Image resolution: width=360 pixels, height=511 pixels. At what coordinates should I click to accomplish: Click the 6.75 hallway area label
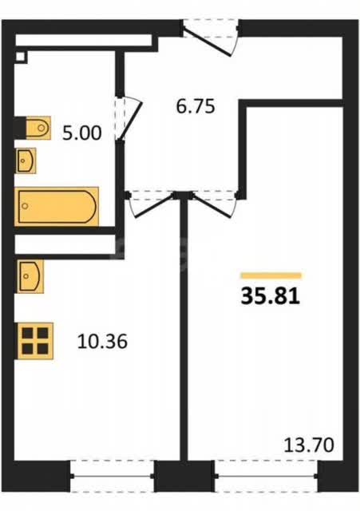pyautogui.click(x=196, y=106)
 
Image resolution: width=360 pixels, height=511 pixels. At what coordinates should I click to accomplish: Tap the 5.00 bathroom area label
pyautogui.click(x=81, y=133)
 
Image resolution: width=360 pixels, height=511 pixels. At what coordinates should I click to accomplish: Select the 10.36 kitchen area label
pyautogui.click(x=102, y=342)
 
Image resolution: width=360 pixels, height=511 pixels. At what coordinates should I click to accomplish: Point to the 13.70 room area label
pyautogui.click(x=309, y=446)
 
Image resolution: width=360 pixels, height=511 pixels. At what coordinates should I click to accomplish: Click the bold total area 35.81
pyautogui.click(x=271, y=296)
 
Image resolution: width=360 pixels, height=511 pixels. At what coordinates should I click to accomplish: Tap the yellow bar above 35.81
pyautogui.click(x=271, y=275)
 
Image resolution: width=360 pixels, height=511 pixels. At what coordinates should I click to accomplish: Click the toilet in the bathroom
pyautogui.click(x=38, y=128)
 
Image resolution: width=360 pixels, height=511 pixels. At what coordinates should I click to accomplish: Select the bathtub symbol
pyautogui.click(x=57, y=207)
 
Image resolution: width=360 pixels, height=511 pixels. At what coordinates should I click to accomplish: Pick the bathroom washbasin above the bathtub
pyautogui.click(x=26, y=160)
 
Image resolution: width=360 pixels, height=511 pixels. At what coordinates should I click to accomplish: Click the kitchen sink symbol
pyautogui.click(x=30, y=276)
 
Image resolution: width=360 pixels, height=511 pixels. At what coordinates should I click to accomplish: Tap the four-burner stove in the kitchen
pyautogui.click(x=35, y=341)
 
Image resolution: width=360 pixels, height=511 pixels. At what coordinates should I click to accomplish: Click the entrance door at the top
pyautogui.click(x=211, y=38)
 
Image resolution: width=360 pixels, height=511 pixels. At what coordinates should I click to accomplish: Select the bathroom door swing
pyautogui.click(x=129, y=119)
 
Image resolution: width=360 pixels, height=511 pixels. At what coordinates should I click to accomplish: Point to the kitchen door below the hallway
pyautogui.click(x=151, y=204)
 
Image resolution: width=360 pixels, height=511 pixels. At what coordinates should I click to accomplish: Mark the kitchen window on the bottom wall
pyautogui.click(x=113, y=476)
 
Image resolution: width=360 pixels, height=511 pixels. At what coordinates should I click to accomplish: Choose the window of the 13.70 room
pyautogui.click(x=267, y=476)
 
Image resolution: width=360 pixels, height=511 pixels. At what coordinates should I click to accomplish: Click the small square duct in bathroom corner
pyautogui.click(x=20, y=57)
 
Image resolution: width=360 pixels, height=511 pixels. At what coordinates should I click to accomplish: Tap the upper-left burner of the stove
pyautogui.click(x=27, y=333)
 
